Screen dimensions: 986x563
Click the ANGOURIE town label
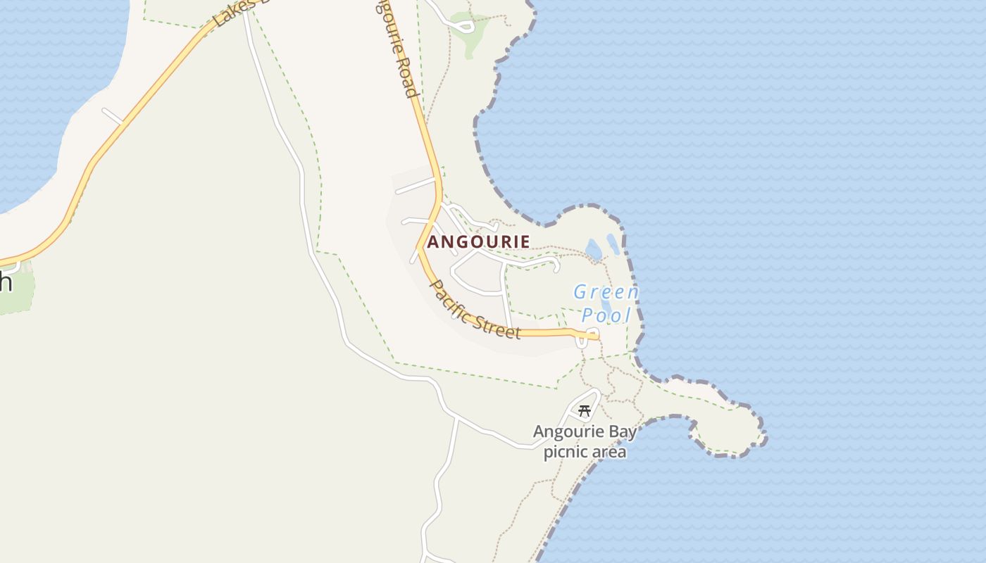point(478,242)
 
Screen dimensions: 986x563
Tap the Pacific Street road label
point(475,310)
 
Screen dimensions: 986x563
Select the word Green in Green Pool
point(606,292)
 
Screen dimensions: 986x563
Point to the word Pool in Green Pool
point(606,315)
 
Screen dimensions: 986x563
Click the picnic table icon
point(584,411)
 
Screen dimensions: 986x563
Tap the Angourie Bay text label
point(585,431)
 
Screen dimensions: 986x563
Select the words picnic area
point(585,452)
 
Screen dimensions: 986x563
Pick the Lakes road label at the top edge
point(232,13)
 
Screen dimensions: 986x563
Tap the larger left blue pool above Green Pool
point(594,249)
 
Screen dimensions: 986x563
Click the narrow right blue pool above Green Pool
point(613,243)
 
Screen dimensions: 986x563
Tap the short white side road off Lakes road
point(113,117)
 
